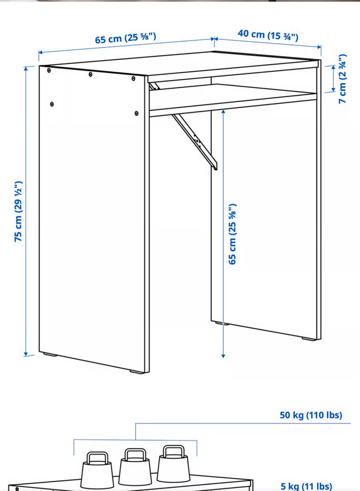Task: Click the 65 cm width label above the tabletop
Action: [126, 38]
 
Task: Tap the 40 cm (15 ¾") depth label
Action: [268, 36]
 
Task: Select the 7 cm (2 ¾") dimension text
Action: [343, 79]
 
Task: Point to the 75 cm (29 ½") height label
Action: [18, 211]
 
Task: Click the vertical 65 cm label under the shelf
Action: [232, 234]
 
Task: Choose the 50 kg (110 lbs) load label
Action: [311, 415]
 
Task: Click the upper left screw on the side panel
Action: [49, 71]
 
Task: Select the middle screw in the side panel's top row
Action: [90, 75]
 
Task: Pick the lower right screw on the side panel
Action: [136, 113]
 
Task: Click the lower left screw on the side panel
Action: [52, 104]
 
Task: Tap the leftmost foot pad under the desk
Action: [50, 354]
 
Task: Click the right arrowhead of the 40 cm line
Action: [319, 47]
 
